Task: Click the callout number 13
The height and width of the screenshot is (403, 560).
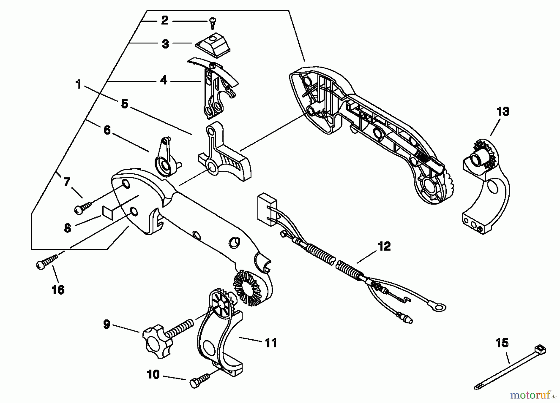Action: coord(503,112)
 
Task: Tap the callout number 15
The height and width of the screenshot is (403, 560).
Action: coord(502,343)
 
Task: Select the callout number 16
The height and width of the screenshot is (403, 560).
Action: coord(58,290)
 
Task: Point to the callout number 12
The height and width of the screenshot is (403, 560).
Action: coord(384,246)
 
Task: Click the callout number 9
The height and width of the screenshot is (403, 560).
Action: coord(106,325)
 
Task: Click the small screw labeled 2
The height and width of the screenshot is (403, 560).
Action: coord(213,23)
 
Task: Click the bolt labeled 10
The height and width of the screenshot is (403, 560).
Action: coord(199,381)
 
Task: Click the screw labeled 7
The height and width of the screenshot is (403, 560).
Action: coord(83,207)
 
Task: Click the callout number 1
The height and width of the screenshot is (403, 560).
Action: coord(78,84)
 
